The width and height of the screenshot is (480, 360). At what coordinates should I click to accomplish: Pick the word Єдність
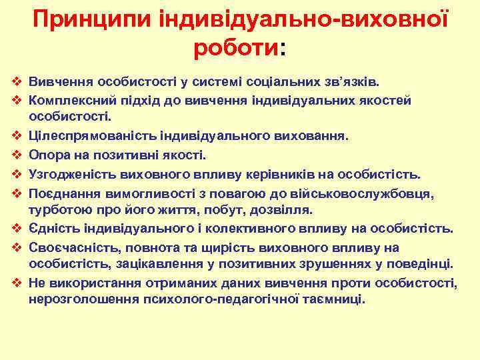[x=53, y=229]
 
